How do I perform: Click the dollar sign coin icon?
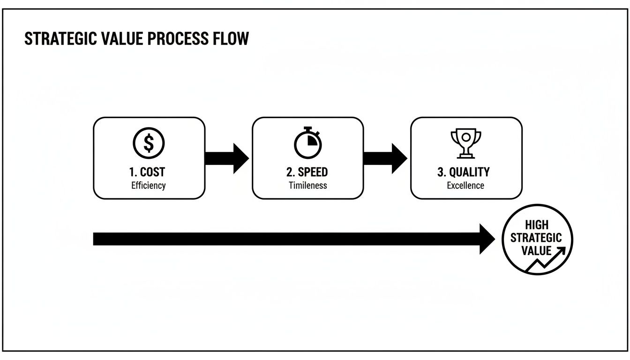click(x=149, y=143)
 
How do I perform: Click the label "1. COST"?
click(x=149, y=172)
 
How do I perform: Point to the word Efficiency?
click(x=149, y=185)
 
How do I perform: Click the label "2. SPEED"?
click(x=307, y=172)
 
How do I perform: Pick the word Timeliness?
click(x=307, y=185)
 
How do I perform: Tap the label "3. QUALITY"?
click(x=464, y=172)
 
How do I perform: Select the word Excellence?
click(x=465, y=185)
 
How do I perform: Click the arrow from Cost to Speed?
click(x=227, y=158)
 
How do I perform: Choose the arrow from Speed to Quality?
click(x=385, y=158)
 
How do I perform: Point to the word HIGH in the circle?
click(x=537, y=225)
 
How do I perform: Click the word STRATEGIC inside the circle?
click(x=536, y=238)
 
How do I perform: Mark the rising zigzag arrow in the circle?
click(x=548, y=260)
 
